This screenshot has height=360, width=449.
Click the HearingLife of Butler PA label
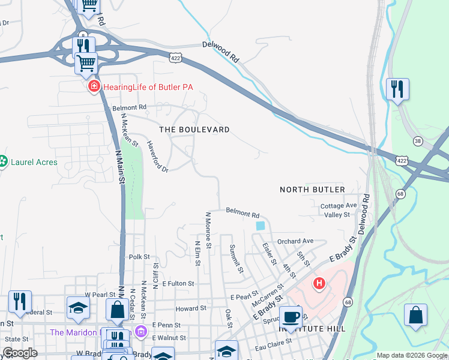148,87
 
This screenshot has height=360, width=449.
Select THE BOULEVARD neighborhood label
194,130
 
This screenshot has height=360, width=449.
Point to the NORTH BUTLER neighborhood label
312,190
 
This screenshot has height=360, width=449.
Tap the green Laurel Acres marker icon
2,161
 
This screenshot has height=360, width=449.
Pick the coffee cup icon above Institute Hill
291,316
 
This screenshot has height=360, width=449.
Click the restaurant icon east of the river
397,89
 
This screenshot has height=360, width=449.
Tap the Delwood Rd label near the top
221,52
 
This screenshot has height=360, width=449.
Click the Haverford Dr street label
158,157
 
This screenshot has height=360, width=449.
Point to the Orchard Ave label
295,241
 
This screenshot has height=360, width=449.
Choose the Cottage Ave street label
339,205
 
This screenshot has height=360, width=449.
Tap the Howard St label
191,308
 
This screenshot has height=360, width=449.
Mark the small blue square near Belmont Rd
260,226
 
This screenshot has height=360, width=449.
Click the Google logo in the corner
20,352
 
